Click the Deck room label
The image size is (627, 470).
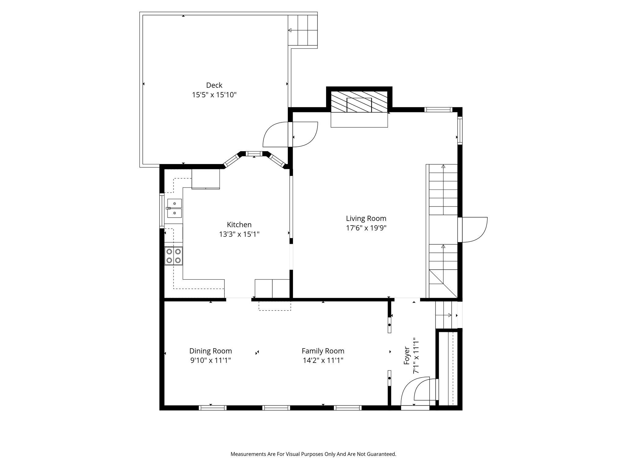214,85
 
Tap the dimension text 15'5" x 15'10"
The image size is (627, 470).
214,95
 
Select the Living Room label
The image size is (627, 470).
366,218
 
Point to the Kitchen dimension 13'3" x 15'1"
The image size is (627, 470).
239,234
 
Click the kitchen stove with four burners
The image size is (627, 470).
174,256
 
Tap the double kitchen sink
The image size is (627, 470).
174,208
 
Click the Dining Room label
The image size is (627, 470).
210,351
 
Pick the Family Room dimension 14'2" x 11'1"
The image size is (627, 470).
323,360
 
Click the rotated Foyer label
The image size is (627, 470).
407,356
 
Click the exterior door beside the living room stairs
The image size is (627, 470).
473,229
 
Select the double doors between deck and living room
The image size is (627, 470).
290,135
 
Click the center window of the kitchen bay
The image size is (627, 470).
254,154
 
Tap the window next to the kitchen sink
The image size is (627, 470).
161,211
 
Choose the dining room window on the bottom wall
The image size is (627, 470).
212,408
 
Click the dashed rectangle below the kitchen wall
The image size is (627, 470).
275,306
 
